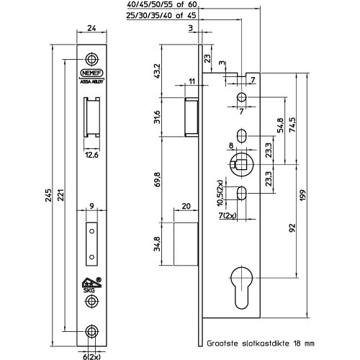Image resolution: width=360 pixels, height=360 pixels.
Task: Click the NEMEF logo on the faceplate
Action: tap(91, 73)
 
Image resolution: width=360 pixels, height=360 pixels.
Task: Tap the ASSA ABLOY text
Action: tap(91, 81)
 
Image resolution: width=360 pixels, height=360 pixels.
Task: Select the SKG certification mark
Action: tap(91, 285)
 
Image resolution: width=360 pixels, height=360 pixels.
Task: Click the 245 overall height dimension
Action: tap(48, 195)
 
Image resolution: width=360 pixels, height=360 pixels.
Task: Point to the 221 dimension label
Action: tap(61, 195)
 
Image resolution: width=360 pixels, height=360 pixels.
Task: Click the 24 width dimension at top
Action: tap(91, 28)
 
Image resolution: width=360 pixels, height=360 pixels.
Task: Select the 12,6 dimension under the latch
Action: tap(91, 155)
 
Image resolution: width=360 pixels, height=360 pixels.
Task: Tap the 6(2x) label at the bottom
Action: tap(91, 357)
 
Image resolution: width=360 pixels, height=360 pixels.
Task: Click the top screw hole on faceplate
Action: tap(91, 59)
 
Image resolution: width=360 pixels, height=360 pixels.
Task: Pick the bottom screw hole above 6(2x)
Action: tap(91, 331)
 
